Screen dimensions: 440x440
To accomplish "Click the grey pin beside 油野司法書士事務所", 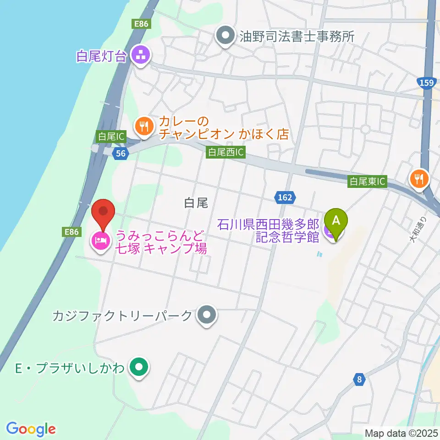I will tap(225, 36).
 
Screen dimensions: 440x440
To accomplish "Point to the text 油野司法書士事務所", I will tap(297, 37).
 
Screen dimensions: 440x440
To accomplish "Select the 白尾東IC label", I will tap(368, 181).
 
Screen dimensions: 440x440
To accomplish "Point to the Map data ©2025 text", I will tap(401, 432).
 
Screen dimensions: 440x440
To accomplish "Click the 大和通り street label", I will tap(418, 231).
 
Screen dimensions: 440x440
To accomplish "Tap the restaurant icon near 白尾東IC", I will tap(419, 178).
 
